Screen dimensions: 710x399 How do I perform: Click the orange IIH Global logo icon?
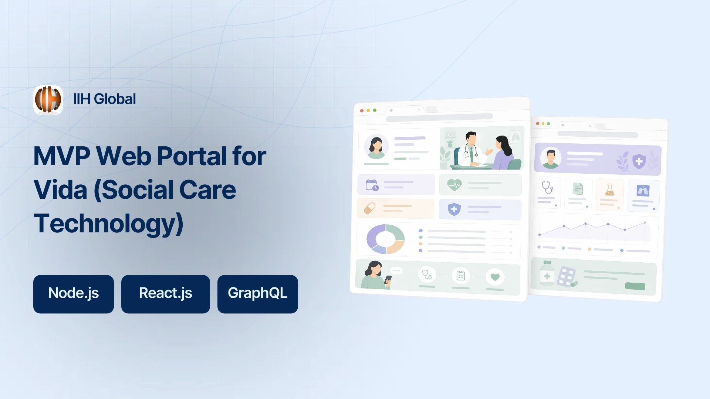tap(48, 100)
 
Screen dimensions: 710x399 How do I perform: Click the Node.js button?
tap(74, 294)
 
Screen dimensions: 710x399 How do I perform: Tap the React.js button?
tap(166, 294)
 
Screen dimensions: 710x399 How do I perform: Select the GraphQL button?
tap(258, 294)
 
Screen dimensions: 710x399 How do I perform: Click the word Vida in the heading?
tap(60, 190)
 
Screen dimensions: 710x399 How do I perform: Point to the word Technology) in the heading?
tap(108, 224)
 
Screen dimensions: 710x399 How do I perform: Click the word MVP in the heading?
tap(61, 156)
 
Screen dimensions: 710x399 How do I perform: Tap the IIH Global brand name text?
tap(105, 99)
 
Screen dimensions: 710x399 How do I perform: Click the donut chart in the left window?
tap(386, 239)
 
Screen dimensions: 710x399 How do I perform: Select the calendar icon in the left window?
tap(372, 185)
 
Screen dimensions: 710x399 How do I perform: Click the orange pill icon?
tap(370, 208)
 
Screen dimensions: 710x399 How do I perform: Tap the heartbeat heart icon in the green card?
tap(454, 185)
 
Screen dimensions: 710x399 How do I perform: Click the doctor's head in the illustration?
tap(471, 138)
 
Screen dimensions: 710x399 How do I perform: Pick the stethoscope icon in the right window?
tap(547, 187)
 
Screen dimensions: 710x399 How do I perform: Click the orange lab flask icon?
tap(609, 190)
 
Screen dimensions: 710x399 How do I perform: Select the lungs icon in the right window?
tap(643, 191)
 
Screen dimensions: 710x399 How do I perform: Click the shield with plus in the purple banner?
tap(639, 161)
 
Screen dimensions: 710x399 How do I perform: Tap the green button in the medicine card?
tap(635, 286)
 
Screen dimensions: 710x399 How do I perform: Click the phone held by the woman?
tap(388, 280)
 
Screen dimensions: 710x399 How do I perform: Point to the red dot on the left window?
tap(362, 110)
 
